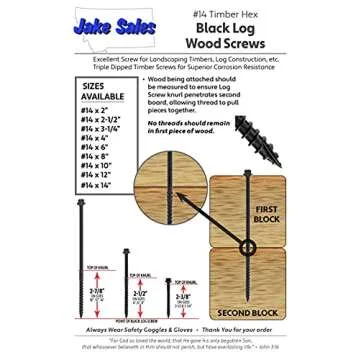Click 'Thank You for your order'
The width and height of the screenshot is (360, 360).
(x=241, y=326)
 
